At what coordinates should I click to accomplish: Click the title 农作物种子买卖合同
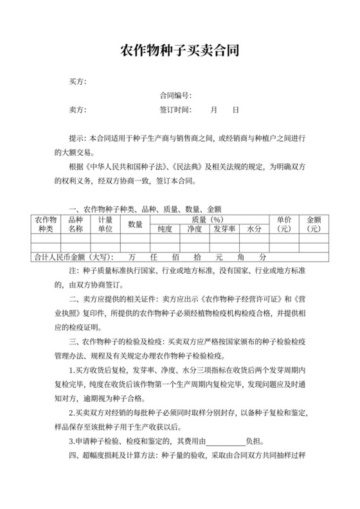179,50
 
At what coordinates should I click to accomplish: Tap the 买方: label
77,82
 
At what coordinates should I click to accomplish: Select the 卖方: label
77,110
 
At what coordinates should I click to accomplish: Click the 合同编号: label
175,96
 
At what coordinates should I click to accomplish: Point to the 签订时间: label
175,110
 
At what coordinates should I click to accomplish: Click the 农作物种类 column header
46,224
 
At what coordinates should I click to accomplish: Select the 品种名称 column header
76,224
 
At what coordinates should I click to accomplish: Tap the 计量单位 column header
105,224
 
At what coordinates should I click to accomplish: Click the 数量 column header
135,224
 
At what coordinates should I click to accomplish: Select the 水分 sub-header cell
254,228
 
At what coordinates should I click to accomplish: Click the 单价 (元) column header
284,224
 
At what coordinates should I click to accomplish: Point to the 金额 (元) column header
314,224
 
